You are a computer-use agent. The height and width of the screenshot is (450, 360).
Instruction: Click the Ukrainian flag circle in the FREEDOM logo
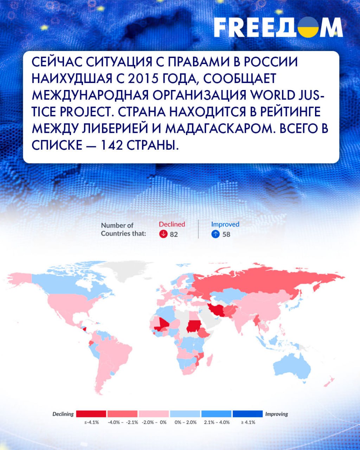(308, 27)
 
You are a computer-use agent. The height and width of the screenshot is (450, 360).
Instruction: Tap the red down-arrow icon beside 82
(163, 234)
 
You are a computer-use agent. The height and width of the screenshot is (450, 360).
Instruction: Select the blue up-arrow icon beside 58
(216, 234)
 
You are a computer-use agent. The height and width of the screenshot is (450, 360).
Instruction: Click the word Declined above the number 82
(172, 224)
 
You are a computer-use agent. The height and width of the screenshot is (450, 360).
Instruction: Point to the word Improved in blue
(225, 224)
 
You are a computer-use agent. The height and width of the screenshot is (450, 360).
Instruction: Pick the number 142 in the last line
(111, 145)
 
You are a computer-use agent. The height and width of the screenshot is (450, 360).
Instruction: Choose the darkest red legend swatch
(91, 414)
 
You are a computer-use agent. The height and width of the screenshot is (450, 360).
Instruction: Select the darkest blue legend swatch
(247, 414)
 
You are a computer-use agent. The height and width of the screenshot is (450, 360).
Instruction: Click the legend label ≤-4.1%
(91, 422)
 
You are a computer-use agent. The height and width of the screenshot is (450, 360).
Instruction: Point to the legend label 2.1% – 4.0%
(217, 422)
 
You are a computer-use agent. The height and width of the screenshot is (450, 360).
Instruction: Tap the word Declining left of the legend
(63, 414)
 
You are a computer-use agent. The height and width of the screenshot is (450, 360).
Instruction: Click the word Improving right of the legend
(277, 414)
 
